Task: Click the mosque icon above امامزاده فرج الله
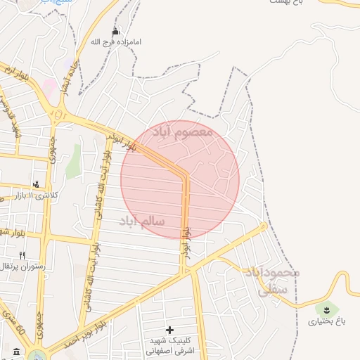coord(116,32)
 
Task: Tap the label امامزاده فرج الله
coord(116,42)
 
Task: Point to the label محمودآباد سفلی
coord(272,280)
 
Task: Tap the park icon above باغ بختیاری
coord(326,309)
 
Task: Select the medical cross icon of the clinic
coord(169,329)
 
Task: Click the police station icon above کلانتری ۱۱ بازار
coord(36,183)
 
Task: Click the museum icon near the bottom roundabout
coord(16,352)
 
